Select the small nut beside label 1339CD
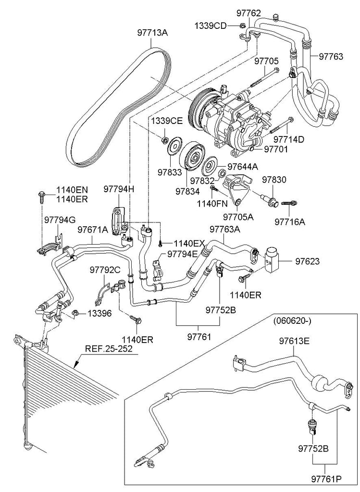pos(243,25)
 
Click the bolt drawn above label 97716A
pos(288,204)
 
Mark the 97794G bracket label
pos(60,220)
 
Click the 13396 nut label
pos(99,313)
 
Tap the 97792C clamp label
pos(105,270)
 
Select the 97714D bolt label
pos(289,139)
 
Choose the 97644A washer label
pos(242,167)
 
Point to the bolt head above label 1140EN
pos(41,195)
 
